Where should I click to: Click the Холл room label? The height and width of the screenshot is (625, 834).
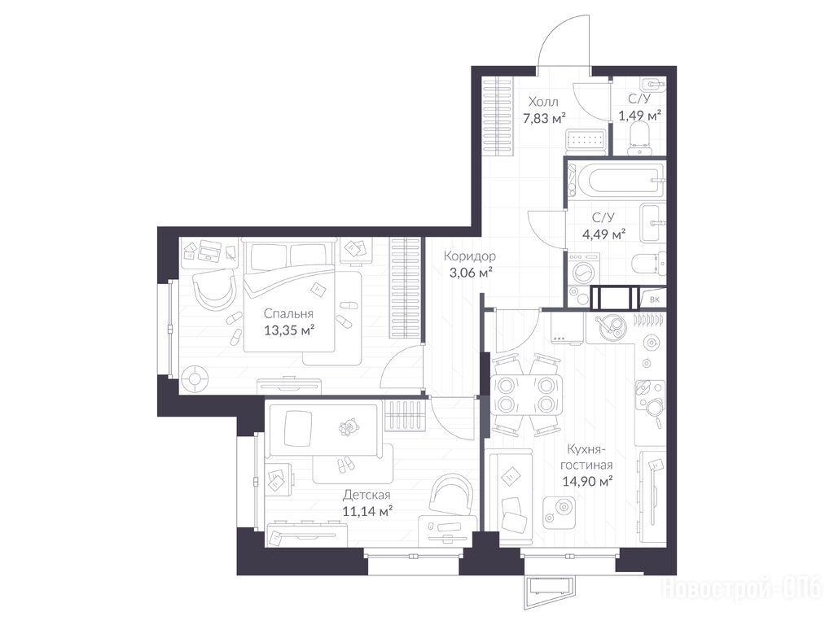[543, 102]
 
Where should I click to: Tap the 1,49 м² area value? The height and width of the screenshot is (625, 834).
[640, 115]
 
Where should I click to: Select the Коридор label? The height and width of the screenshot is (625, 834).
[470, 256]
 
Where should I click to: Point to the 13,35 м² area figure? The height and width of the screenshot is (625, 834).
[289, 330]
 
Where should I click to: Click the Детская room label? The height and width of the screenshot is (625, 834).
[367, 496]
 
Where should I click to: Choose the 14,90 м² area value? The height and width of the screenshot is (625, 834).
[588, 482]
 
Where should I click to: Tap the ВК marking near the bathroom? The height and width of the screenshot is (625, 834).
[655, 299]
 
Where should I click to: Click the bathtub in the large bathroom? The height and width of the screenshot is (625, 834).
[616, 181]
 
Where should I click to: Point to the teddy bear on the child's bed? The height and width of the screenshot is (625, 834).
[349, 426]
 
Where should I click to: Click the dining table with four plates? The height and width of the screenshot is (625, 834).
[525, 395]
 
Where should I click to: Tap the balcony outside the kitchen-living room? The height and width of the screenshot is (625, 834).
[550, 591]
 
